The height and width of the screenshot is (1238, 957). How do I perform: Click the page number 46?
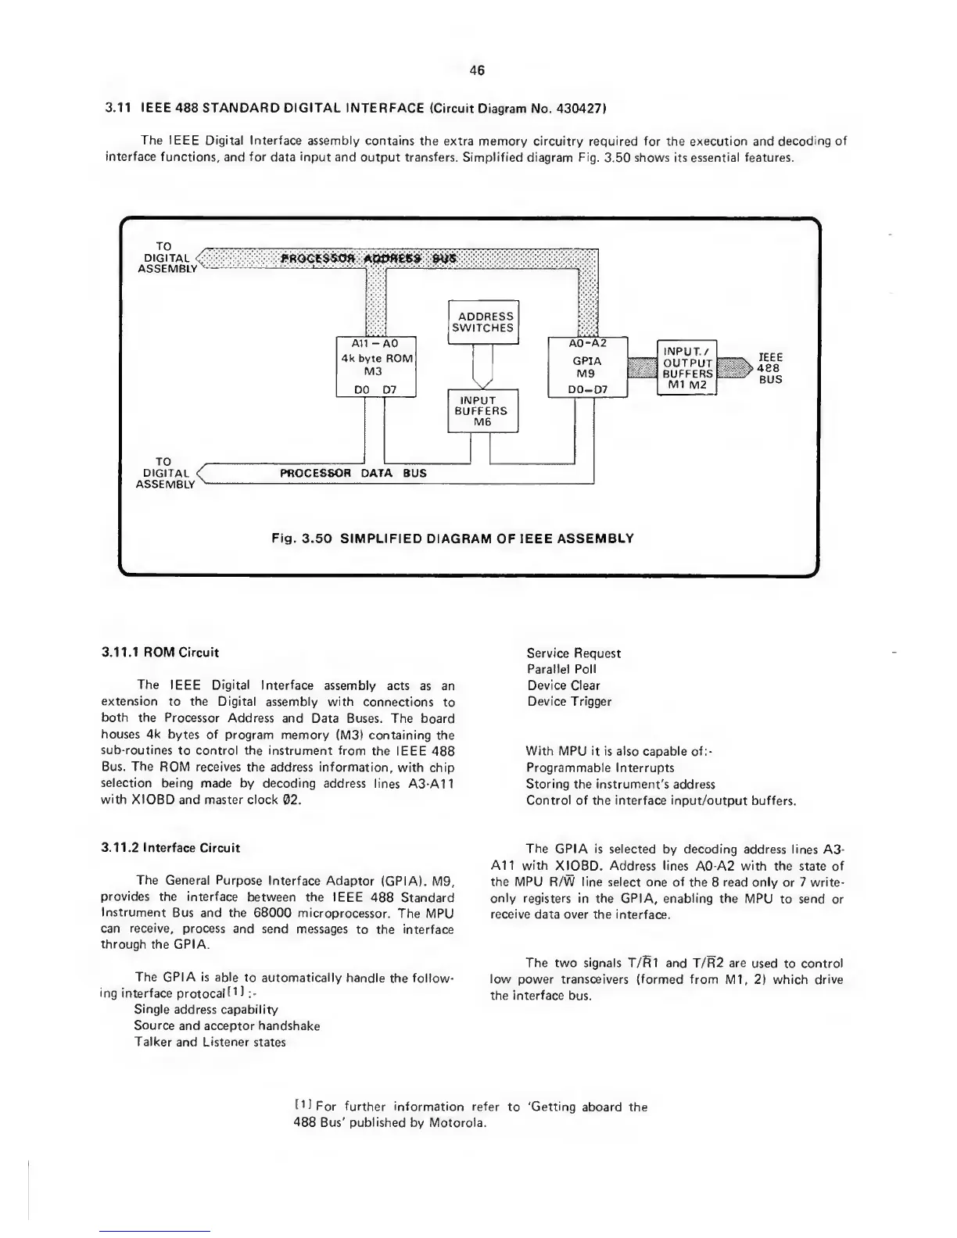(x=477, y=70)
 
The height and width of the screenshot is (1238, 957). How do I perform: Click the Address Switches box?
(x=483, y=322)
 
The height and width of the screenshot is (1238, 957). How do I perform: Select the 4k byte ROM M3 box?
(x=375, y=367)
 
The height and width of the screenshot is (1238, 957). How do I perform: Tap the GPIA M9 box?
(x=588, y=367)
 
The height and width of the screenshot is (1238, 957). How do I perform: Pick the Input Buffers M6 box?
(x=483, y=411)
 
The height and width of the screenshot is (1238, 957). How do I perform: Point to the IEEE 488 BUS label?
(x=770, y=367)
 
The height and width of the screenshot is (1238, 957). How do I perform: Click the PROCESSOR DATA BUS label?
(x=353, y=473)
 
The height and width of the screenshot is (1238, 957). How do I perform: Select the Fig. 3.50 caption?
(x=452, y=538)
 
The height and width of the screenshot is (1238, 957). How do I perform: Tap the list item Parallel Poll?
(x=561, y=669)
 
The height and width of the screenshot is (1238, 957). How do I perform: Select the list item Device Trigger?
(x=568, y=701)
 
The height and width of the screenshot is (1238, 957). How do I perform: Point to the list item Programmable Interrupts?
(x=600, y=767)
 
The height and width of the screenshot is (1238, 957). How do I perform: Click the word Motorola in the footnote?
(x=458, y=1123)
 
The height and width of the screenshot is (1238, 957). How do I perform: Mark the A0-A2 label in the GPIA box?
(x=588, y=342)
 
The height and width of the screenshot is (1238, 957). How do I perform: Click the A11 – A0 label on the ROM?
(x=375, y=343)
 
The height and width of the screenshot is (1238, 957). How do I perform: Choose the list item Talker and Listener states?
(x=210, y=1042)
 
